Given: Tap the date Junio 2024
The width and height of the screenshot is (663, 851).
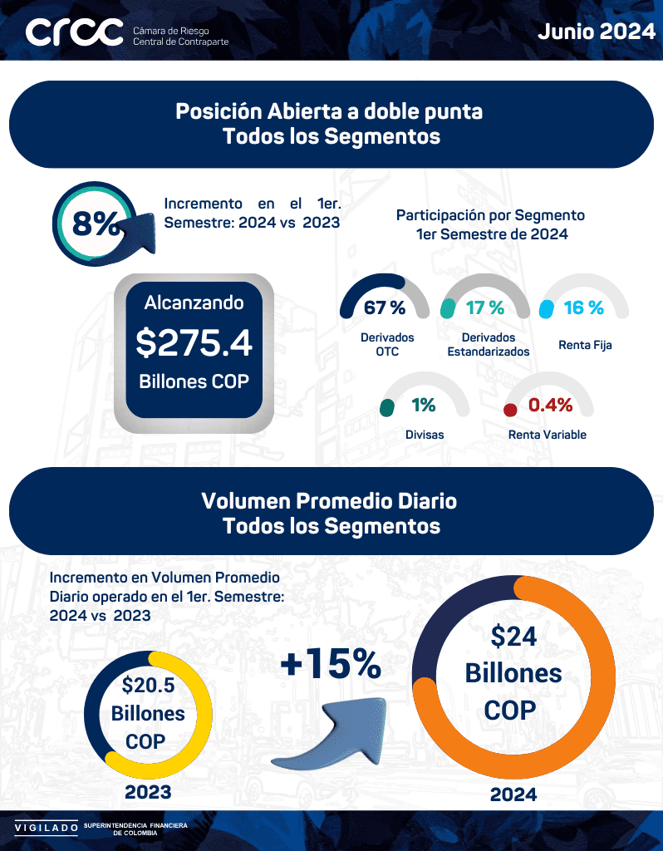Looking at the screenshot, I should click(596, 32).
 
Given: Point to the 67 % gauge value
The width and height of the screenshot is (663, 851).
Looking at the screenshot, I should click(385, 308).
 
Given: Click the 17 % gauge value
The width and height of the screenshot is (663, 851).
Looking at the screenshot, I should click(485, 308).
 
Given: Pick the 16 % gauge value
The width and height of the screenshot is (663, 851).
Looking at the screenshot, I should click(583, 308).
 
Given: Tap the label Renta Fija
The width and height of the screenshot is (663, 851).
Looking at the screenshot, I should click(585, 345).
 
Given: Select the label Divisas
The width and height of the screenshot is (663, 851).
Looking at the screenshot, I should click(425, 435).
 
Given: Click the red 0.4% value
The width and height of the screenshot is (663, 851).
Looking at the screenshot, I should click(551, 406).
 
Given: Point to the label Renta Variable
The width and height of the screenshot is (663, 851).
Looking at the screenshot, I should click(548, 435).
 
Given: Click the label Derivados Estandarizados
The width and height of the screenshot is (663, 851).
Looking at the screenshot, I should click(489, 345).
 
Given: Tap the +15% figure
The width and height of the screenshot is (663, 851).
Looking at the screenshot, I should click(330, 665).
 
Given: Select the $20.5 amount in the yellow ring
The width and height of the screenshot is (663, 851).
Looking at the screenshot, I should click(149, 686).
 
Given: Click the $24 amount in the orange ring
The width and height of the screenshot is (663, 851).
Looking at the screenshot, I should click(513, 637).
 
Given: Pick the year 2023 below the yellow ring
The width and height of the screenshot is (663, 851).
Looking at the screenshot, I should click(148, 792).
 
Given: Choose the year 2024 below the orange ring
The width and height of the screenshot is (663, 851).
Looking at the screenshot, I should click(513, 794).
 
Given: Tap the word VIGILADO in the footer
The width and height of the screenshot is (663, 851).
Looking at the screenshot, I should click(43, 828).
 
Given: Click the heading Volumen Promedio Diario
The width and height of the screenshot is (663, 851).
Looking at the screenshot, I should click(329, 501).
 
